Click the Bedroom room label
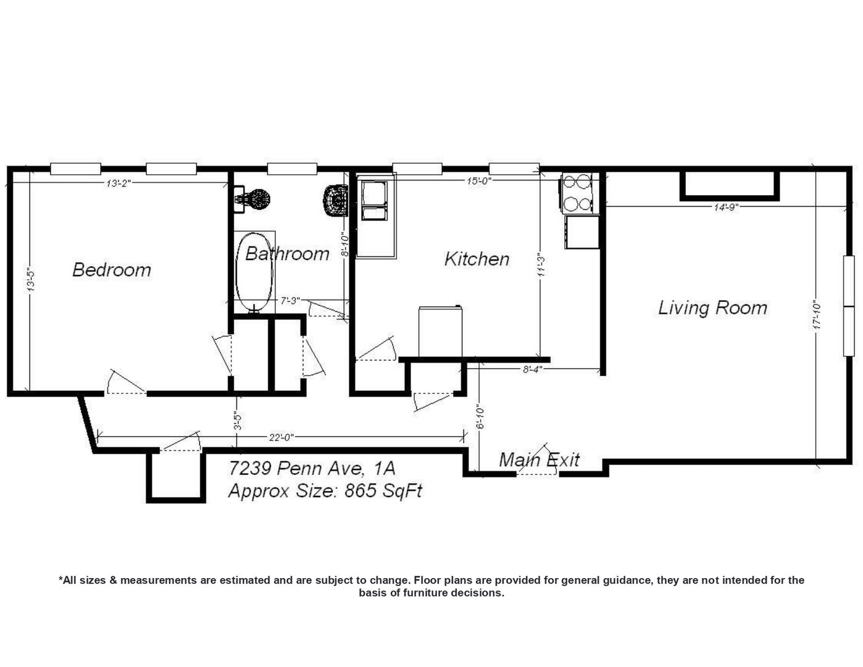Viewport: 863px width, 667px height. click(112, 270)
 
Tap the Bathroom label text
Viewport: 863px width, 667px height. click(287, 253)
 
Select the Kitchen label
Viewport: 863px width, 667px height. click(477, 259)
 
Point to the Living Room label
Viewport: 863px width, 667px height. click(712, 308)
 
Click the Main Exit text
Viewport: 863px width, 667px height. click(539, 459)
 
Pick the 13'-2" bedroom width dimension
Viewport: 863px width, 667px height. click(119, 183)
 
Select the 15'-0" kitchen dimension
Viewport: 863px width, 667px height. click(479, 181)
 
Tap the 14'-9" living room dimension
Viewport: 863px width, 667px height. click(726, 207)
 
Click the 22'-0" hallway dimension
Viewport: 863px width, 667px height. click(281, 437)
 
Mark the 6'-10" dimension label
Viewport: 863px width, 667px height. click(480, 417)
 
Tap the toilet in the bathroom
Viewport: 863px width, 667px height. click(336, 201)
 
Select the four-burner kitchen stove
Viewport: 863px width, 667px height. click(577, 193)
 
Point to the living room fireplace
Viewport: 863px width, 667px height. click(730, 186)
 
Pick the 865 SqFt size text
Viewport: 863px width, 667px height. click(383, 491)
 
